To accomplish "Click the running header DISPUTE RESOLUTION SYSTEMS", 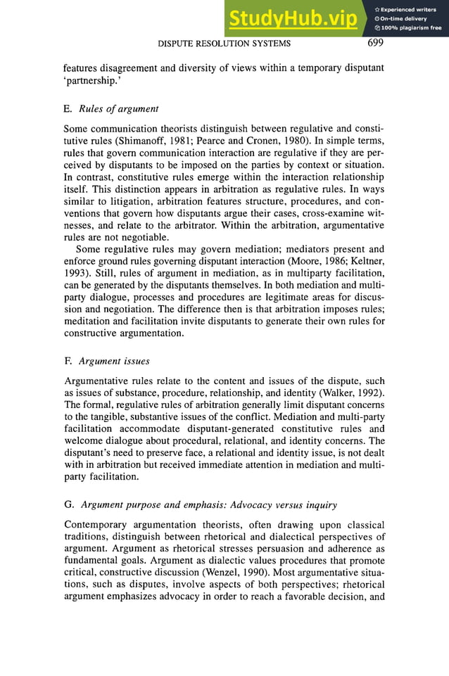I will pos(224,44).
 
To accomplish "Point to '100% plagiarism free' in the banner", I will pos(409,28).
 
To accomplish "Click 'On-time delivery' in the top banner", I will pos(405,19).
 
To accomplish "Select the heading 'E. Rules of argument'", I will pos(110,108).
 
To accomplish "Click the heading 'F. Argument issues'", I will pos(106,361).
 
